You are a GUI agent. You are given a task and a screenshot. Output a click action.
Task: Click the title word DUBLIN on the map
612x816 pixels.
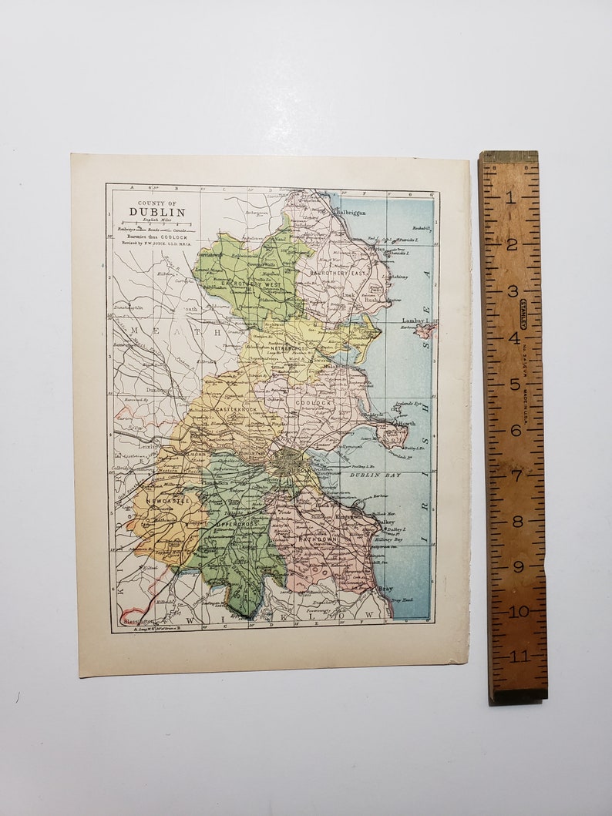[156, 212]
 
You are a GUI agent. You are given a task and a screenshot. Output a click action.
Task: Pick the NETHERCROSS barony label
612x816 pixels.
[289, 349]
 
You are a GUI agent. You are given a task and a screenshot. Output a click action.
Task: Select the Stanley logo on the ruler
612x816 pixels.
[523, 314]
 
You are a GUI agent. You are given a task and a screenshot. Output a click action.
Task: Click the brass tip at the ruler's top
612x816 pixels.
[509, 156]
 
